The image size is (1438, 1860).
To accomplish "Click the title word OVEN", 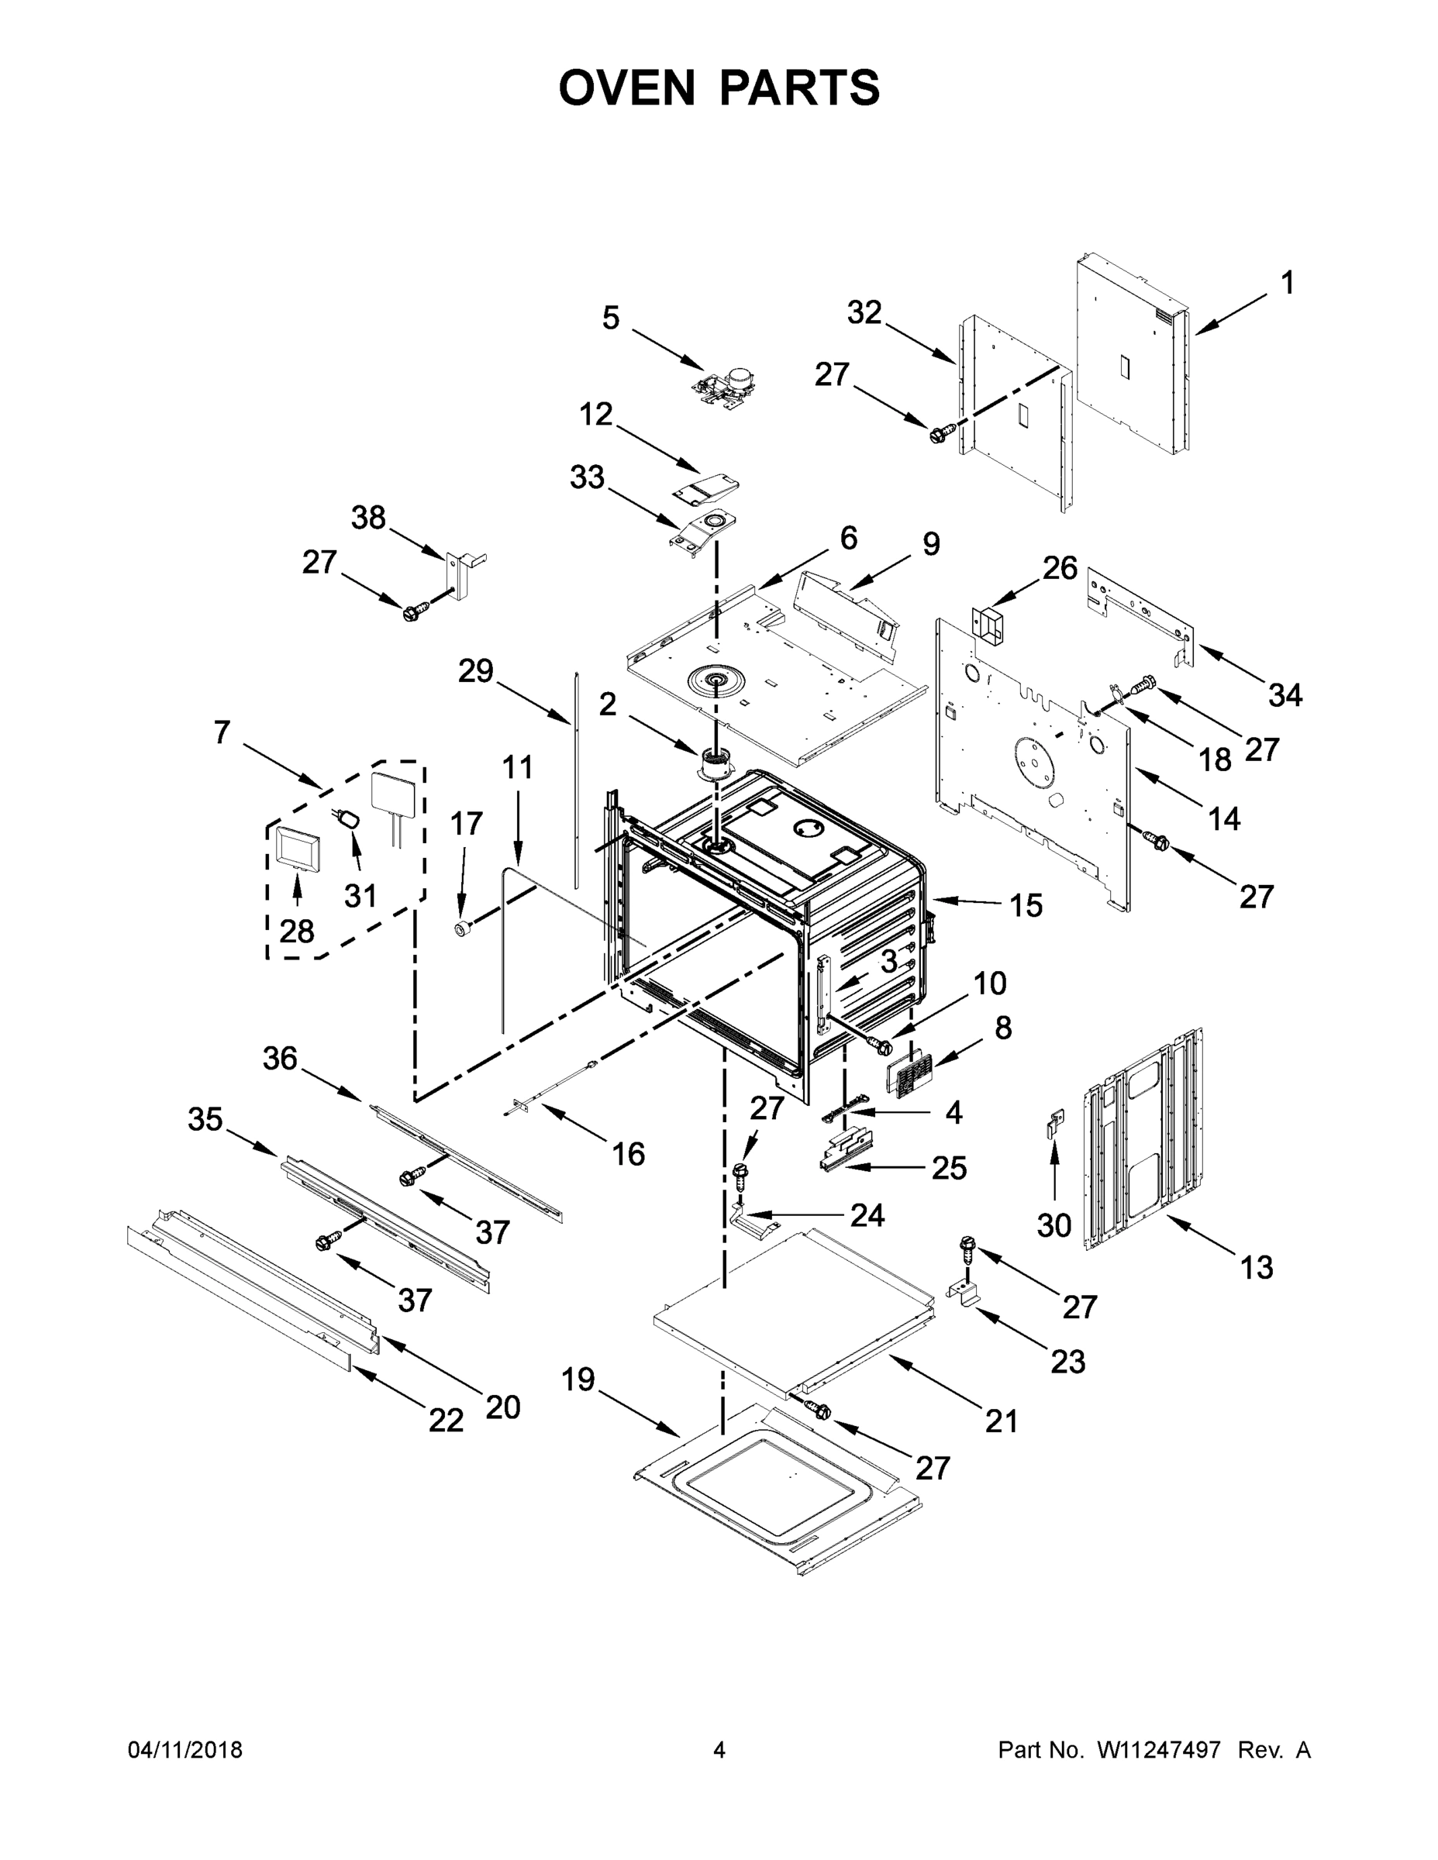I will pos(627,88).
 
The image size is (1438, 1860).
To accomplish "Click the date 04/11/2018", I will pos(184,1750).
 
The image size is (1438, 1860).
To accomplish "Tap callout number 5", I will pos(611,318).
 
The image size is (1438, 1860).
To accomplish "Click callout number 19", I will pos(578,1379).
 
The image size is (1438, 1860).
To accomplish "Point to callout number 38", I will pos(368,517).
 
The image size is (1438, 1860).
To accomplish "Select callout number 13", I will pos(1257,1291).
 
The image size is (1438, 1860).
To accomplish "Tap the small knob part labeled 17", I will pos(463,929).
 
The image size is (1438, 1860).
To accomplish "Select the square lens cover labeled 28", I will pos(295,850).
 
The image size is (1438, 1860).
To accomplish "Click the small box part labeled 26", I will pos(988,623).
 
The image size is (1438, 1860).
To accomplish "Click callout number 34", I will pos(1285,695).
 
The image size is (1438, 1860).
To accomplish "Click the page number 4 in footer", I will pos(719,1750).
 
